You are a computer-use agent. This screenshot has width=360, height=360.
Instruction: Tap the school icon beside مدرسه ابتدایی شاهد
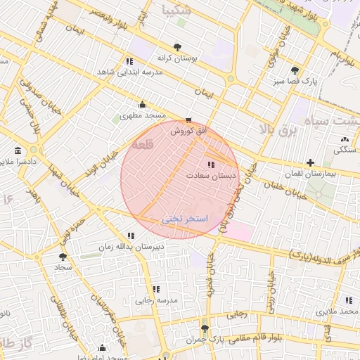pos(129,61)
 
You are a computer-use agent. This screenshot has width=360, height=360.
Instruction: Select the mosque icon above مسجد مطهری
pos(143,105)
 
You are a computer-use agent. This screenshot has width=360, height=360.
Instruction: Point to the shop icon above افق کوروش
pos(188,120)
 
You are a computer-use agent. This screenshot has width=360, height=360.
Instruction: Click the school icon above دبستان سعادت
pos(212,165)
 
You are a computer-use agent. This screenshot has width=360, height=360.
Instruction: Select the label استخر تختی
pos(185,219)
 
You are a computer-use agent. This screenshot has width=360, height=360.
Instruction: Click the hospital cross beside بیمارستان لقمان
pos(310,162)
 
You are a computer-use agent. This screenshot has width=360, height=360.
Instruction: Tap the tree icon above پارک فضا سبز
pos(295,70)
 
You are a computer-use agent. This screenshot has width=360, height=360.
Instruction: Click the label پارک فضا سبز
pos(295,81)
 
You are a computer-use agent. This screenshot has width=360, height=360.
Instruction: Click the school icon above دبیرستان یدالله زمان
pos(130,236)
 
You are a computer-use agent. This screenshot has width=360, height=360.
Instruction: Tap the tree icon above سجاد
pos(63,257)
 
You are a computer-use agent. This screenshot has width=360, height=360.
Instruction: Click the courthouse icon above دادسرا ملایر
pos(18,151)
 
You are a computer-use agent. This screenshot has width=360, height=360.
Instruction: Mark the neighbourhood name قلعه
pos(142,144)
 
